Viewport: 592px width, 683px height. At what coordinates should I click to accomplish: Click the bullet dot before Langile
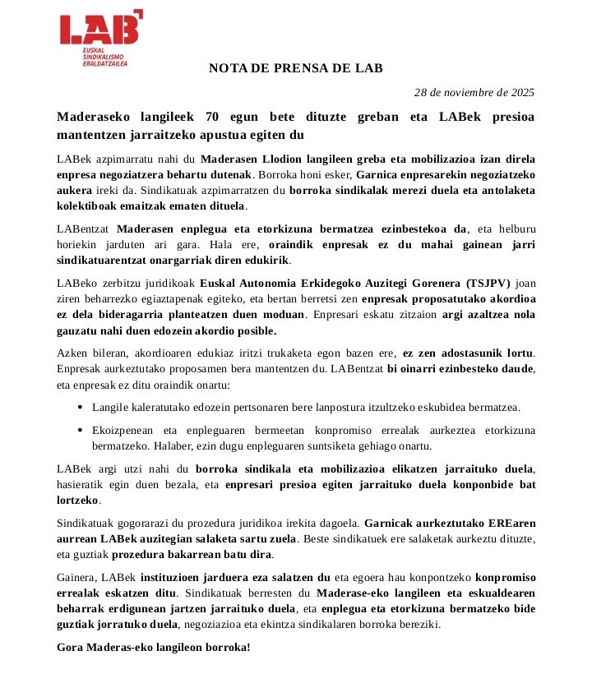78,407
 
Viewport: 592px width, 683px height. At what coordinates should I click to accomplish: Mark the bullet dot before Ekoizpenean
78,430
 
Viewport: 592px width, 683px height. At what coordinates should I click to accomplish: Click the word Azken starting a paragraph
72,353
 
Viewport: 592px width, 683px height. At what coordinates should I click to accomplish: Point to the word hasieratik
85,484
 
